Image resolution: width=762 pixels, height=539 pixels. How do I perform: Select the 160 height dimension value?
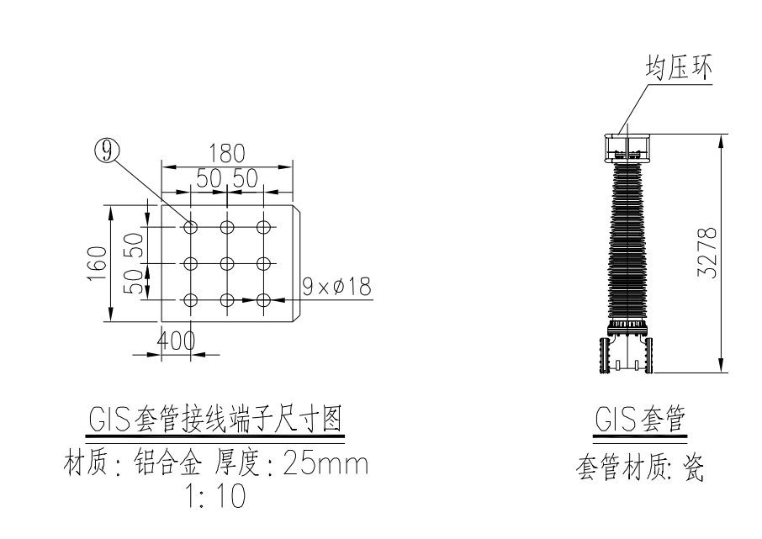[x=98, y=263]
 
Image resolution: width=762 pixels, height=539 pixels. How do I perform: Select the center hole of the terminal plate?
[x=227, y=263]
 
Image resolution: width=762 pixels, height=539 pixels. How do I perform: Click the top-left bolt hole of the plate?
[x=191, y=227]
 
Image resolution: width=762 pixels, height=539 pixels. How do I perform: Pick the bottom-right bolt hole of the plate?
[x=264, y=299]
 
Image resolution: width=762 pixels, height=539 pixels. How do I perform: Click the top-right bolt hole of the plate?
[x=264, y=227]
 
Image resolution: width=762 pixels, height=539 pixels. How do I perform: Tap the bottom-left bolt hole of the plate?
[x=191, y=299]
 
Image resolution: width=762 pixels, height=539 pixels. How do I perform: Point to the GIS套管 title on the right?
[x=638, y=420]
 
